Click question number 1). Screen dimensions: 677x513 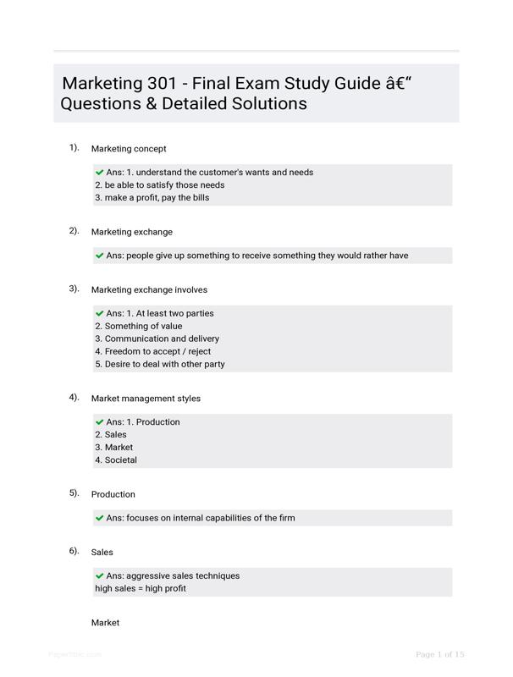click(x=74, y=147)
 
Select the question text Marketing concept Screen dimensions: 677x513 click(x=129, y=149)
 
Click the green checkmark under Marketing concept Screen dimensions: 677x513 click(x=100, y=172)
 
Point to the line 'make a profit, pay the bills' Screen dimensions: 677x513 click(x=152, y=198)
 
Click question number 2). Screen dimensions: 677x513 click(x=74, y=230)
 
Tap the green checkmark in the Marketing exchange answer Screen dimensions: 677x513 click(x=100, y=255)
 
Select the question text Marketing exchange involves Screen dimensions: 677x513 click(x=149, y=289)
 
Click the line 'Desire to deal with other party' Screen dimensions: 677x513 click(x=160, y=364)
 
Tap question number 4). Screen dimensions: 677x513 click(x=74, y=397)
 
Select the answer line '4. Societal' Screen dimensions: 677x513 click(x=116, y=460)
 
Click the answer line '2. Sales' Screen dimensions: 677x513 click(x=111, y=434)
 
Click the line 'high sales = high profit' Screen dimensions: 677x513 click(x=141, y=588)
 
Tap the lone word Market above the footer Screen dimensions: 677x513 click(x=106, y=623)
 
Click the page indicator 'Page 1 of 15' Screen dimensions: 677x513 click(x=440, y=654)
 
